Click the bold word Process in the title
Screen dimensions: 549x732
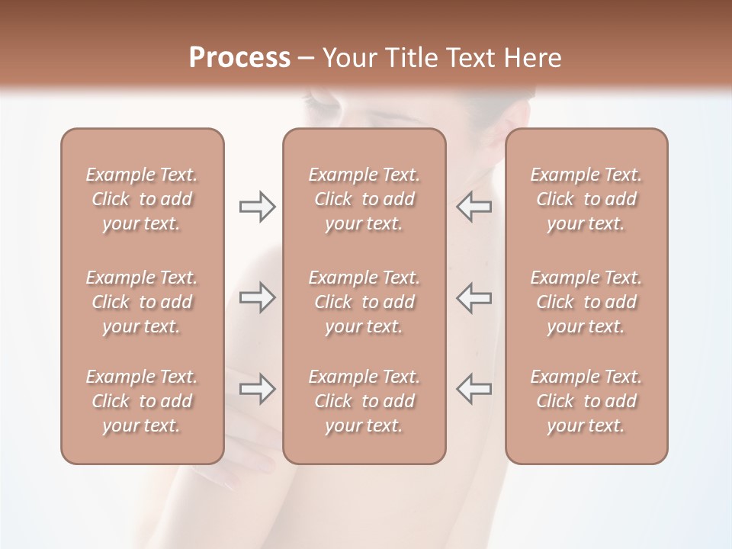239,58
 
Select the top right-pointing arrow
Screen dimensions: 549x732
258,207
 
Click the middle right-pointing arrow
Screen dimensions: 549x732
258,297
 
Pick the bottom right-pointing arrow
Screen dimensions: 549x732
258,389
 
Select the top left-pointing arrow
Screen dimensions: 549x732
474,207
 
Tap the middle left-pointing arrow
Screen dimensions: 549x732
474,297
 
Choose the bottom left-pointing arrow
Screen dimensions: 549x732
474,389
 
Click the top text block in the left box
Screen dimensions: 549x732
142,199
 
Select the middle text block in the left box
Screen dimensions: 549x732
142,302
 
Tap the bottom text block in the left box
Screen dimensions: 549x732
142,401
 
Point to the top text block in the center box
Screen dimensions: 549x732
364,199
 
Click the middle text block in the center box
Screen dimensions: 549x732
364,302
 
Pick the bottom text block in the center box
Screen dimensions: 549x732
364,401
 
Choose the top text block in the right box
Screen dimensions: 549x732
586,199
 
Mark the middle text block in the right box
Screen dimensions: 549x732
586,302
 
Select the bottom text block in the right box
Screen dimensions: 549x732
586,401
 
